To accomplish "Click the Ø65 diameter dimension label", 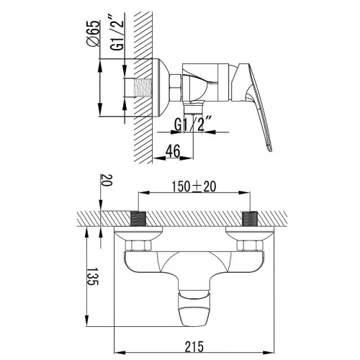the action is (x=92, y=33).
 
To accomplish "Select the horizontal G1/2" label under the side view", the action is (x=193, y=124).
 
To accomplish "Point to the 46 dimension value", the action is (x=173, y=151).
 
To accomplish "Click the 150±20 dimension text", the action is (x=194, y=186).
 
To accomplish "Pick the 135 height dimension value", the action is (x=93, y=276).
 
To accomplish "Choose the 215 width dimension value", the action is (x=194, y=346).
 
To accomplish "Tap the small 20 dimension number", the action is (x=107, y=180).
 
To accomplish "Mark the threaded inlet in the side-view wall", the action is (x=143, y=88).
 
